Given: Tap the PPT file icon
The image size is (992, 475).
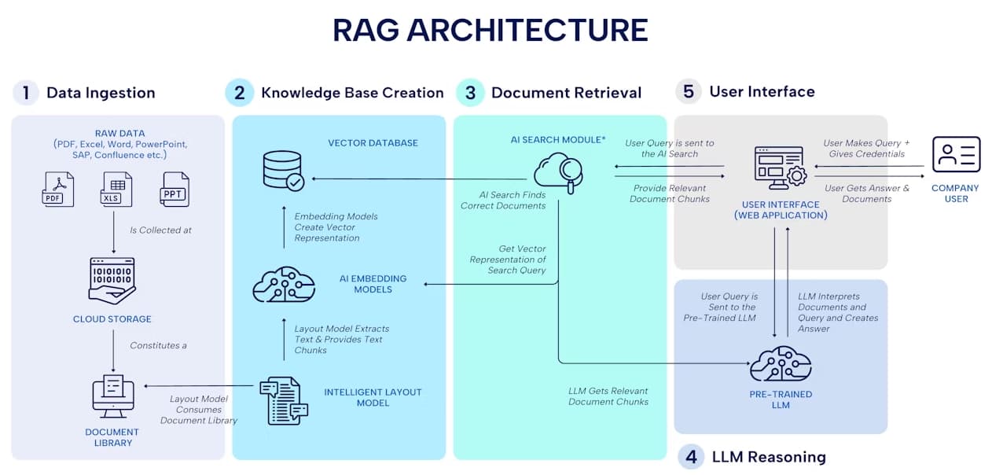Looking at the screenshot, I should [x=175, y=189].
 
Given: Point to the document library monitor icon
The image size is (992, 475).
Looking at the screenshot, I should [x=113, y=396].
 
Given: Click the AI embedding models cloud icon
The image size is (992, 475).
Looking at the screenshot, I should [x=284, y=284].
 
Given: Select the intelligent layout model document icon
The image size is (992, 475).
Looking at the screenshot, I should [x=284, y=400].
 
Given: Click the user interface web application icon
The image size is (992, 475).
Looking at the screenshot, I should [x=780, y=167].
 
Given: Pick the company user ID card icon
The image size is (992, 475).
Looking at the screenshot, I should [x=956, y=154].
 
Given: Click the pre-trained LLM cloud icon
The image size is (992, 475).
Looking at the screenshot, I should [x=780, y=363].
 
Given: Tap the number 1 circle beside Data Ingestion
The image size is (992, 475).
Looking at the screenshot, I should [x=25, y=93].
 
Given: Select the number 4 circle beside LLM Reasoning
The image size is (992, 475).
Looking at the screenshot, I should [x=690, y=456].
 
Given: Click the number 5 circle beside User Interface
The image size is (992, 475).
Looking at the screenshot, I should [x=688, y=91].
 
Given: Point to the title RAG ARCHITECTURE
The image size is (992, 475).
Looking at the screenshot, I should [x=490, y=30].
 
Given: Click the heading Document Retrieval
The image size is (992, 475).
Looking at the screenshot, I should [x=566, y=93].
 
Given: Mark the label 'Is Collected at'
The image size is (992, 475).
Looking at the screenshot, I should [x=160, y=230].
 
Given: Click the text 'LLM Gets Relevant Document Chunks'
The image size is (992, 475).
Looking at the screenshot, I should [x=608, y=396].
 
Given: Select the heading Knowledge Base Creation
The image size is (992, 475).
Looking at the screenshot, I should [x=352, y=93].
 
